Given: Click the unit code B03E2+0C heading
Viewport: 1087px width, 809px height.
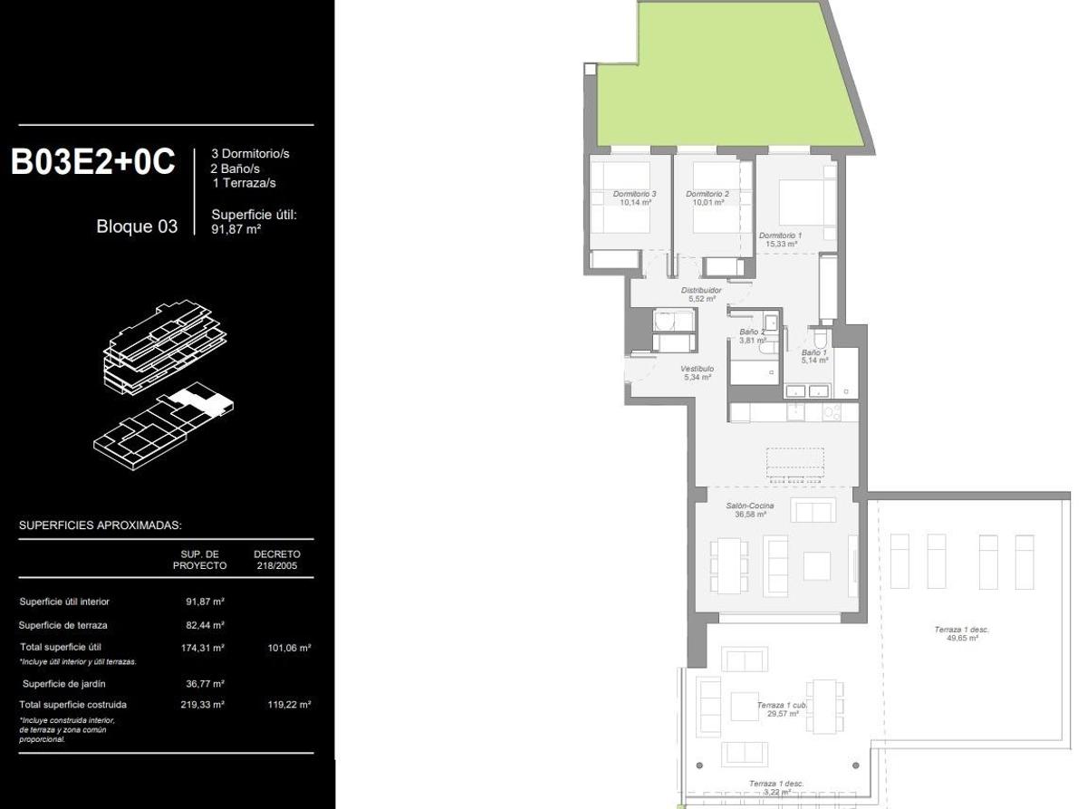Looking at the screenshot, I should click(x=92, y=162).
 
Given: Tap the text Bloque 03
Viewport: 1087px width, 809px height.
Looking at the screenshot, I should click(x=137, y=226).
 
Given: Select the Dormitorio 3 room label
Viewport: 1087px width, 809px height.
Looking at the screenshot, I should click(x=634, y=198).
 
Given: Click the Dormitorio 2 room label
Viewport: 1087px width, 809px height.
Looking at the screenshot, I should click(x=707, y=198).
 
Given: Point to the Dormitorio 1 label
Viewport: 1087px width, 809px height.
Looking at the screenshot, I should click(x=780, y=239).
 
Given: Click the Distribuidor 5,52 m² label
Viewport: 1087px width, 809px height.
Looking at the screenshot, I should click(x=701, y=294).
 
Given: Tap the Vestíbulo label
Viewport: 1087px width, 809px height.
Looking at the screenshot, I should click(x=697, y=372).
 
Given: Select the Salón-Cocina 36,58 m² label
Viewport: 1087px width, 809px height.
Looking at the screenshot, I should click(x=749, y=509).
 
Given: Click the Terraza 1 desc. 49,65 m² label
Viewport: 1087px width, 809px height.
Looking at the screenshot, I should click(x=961, y=633).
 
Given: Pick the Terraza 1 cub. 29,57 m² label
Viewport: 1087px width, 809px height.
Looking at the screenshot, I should click(x=782, y=708).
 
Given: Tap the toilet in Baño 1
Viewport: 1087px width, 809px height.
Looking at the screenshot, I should click(x=820, y=339).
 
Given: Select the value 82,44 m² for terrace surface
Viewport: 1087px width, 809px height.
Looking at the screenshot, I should click(x=205, y=625).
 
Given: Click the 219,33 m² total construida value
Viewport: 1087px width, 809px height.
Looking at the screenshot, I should click(x=205, y=704).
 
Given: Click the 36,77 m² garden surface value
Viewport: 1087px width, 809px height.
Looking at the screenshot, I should click(x=205, y=684).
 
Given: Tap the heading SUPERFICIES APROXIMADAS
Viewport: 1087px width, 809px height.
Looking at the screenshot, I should click(x=101, y=525).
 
